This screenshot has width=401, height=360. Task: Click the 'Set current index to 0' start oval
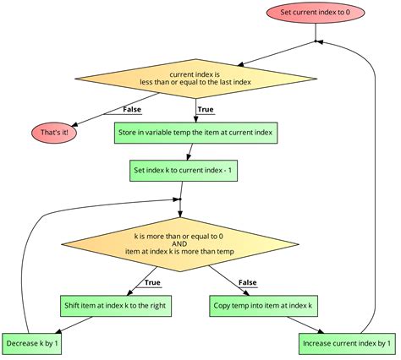[314, 12]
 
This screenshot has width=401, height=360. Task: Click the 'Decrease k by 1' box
[32, 344]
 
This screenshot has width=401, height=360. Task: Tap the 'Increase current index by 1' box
[347, 344]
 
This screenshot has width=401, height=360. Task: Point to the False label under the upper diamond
[131, 108]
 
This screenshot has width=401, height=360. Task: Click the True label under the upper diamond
[205, 108]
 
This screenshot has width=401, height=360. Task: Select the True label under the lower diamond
[152, 282]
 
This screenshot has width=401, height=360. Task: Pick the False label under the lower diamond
[248, 282]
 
